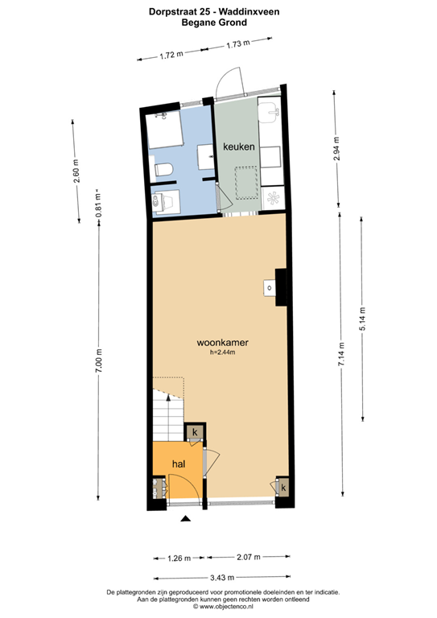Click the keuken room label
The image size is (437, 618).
click(x=239, y=146)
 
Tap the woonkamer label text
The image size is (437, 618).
click(x=223, y=343)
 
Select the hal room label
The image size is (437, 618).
click(x=179, y=463)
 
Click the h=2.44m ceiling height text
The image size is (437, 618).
click(x=223, y=352)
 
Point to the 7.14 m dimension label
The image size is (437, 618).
click(x=341, y=354)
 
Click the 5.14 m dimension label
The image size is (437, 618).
click(x=362, y=319)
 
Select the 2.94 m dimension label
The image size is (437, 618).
click(x=336, y=148)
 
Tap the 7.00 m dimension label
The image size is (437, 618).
click(x=98, y=360)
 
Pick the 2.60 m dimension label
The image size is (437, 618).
click(x=76, y=171)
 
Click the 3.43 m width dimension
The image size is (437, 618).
click(x=222, y=578)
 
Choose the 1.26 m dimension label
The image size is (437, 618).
click(x=179, y=558)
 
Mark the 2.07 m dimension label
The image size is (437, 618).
click(x=248, y=557)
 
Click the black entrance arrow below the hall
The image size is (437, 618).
click(x=186, y=519)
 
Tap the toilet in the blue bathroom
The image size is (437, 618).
click(x=163, y=170)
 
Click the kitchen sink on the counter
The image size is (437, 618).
click(x=270, y=110)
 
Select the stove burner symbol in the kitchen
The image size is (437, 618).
click(x=274, y=197)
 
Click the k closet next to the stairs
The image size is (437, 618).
click(x=195, y=432)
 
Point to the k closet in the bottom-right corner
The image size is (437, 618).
click(x=283, y=488)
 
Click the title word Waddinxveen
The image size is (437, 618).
click(x=249, y=12)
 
